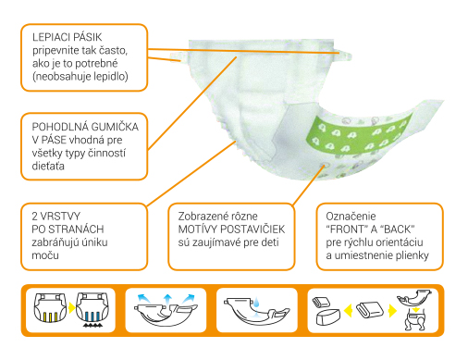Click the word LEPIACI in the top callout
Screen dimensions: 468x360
point(48,37)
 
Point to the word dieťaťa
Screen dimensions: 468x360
point(48,166)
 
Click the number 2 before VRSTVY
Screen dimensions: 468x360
point(35,216)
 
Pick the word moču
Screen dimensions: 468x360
point(45,255)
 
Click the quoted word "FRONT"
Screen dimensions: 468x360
point(347,230)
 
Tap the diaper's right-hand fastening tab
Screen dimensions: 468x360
point(345,55)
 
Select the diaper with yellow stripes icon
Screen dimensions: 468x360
point(50,307)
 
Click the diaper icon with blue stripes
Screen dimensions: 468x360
point(92,307)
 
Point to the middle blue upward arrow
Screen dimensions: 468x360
point(167,301)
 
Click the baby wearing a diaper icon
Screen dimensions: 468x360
point(415,321)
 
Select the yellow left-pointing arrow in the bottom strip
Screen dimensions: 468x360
point(348,310)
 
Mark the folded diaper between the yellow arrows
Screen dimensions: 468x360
point(370,310)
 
